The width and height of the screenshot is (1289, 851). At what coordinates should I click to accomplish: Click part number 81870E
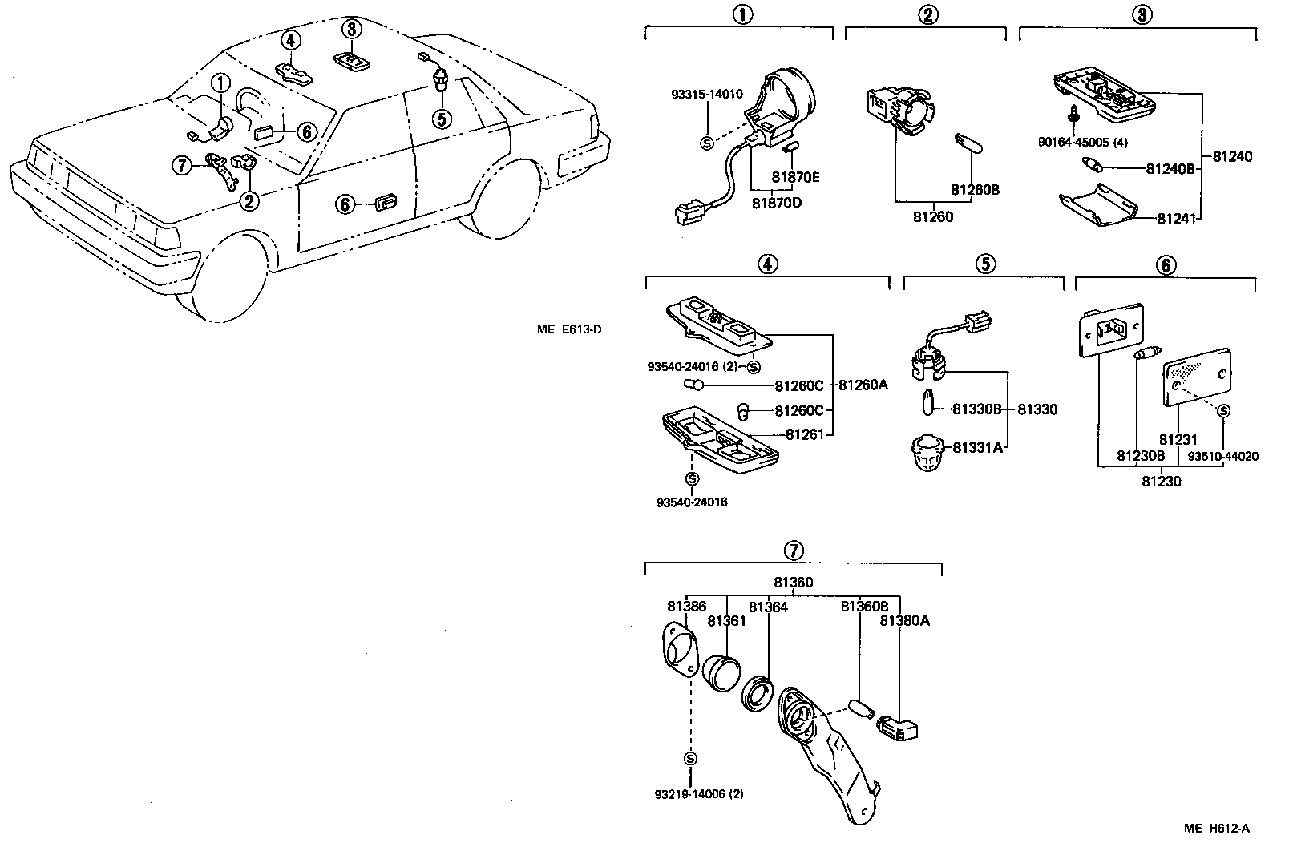(x=795, y=176)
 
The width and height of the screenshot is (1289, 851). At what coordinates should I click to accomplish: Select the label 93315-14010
(x=706, y=95)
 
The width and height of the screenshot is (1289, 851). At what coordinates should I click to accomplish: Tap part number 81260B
(x=975, y=190)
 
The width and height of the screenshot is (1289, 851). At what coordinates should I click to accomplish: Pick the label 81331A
(x=977, y=447)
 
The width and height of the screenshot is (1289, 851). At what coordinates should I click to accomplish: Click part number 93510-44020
(x=1222, y=457)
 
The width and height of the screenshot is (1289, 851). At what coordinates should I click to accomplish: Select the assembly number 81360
(x=793, y=583)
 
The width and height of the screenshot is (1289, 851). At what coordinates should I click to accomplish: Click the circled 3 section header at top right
(x=1143, y=14)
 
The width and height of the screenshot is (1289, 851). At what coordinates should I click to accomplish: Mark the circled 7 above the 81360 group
(x=792, y=551)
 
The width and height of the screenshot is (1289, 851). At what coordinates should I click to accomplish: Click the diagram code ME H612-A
(x=1217, y=829)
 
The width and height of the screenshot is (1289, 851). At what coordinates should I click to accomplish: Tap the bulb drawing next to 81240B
(x=1093, y=167)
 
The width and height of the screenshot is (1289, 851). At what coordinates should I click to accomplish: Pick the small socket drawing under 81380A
(x=898, y=728)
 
